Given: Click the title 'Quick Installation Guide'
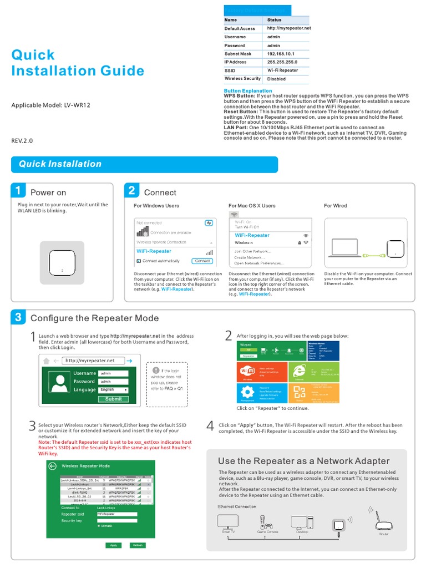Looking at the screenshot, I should tap(78, 63).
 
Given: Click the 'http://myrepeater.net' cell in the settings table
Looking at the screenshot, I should tap(288, 28).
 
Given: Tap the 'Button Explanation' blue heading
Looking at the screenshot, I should tap(248, 90).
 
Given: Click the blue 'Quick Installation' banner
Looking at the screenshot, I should tap(144, 164).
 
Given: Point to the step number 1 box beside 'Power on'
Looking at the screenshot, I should tap(19, 191).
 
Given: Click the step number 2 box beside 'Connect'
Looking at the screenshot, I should tap(132, 191).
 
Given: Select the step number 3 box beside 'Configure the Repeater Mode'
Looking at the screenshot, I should tap(19, 317).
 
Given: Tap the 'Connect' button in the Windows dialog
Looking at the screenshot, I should tap(202, 261).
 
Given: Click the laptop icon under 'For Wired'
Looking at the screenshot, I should tap(346, 248).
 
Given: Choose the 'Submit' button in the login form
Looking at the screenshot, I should tap(113, 399).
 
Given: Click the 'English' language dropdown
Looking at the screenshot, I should tap(113, 390).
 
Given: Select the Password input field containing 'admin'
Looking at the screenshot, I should tap(113, 382).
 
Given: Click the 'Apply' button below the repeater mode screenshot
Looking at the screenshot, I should tap(113, 545).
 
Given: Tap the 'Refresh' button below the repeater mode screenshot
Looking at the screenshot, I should tap(138, 545).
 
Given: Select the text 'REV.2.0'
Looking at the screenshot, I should tap(22, 141).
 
